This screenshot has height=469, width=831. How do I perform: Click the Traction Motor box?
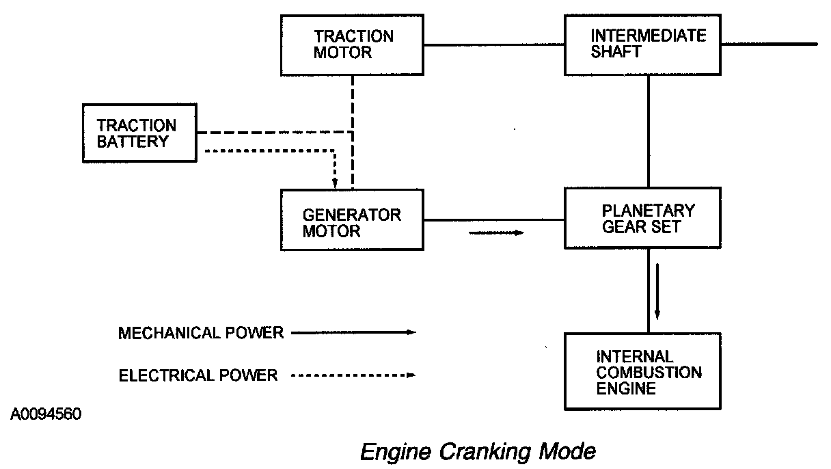point(353,44)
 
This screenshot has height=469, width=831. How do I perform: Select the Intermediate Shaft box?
point(642,44)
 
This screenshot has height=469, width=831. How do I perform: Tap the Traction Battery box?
point(139,133)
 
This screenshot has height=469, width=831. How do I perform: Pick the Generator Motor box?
point(353,221)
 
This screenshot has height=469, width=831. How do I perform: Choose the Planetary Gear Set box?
point(642,218)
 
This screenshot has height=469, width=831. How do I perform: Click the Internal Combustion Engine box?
point(642,373)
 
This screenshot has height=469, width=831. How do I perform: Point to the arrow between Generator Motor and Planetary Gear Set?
point(496,233)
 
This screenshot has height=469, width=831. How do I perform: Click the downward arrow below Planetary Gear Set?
point(657,290)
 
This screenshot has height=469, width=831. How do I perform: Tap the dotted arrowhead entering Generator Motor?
point(335,183)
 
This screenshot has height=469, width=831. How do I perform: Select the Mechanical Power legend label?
point(201,333)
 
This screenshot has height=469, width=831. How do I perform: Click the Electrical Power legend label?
point(198,375)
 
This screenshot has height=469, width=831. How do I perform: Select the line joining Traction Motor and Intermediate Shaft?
point(494,45)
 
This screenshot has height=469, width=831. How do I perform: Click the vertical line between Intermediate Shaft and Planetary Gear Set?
point(649,131)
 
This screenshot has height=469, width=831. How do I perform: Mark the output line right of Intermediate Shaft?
point(769,44)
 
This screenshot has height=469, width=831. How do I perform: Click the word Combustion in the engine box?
point(649,373)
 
